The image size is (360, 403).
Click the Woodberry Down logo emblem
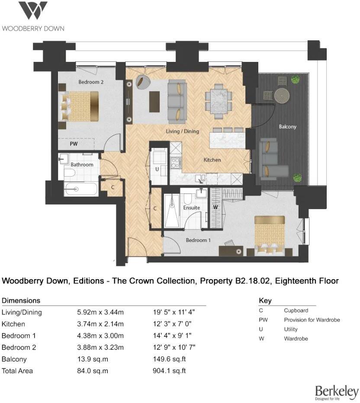point(33,11)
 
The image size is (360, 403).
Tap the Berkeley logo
point(337,392)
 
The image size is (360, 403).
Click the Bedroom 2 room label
point(90,81)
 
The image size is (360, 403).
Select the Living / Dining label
point(183,131)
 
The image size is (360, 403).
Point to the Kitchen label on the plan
point(212,160)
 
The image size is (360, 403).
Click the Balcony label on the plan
point(287,127)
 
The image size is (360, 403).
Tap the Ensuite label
point(191,208)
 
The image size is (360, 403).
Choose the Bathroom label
point(82,164)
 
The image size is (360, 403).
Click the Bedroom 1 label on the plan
point(198,240)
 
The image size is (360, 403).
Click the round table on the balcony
point(282,95)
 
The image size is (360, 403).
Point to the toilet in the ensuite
point(188,199)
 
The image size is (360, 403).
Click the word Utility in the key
point(290,329)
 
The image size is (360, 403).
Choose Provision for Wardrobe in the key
point(312,320)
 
